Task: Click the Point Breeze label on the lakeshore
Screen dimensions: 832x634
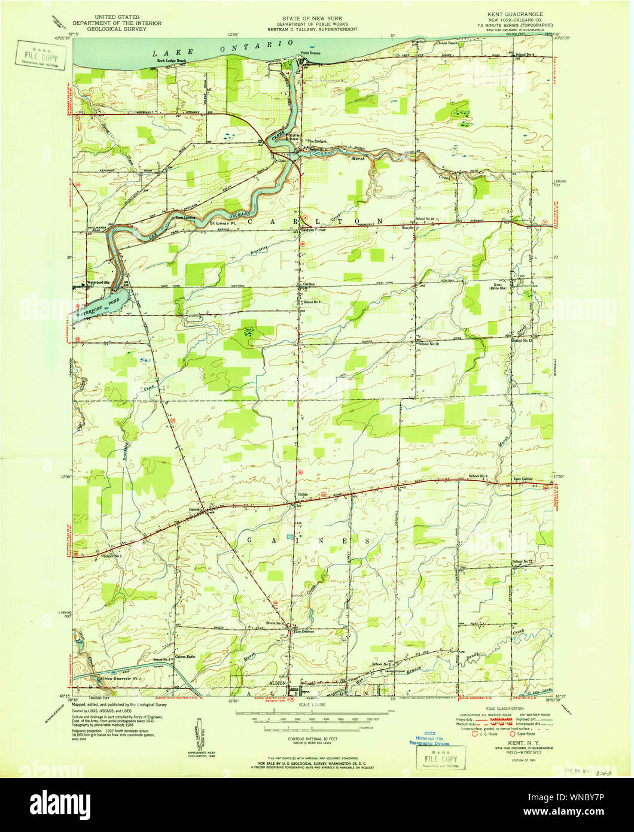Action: click(311, 53)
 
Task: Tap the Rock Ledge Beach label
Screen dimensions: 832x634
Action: click(172, 61)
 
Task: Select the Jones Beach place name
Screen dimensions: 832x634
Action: click(449, 43)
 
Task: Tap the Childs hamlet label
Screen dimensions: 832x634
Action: click(305, 494)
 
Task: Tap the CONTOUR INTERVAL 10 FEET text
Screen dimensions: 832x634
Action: click(310, 739)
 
